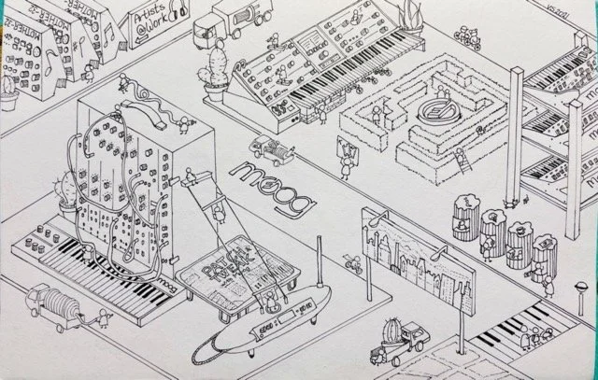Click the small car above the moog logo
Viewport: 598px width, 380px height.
[267, 147]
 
